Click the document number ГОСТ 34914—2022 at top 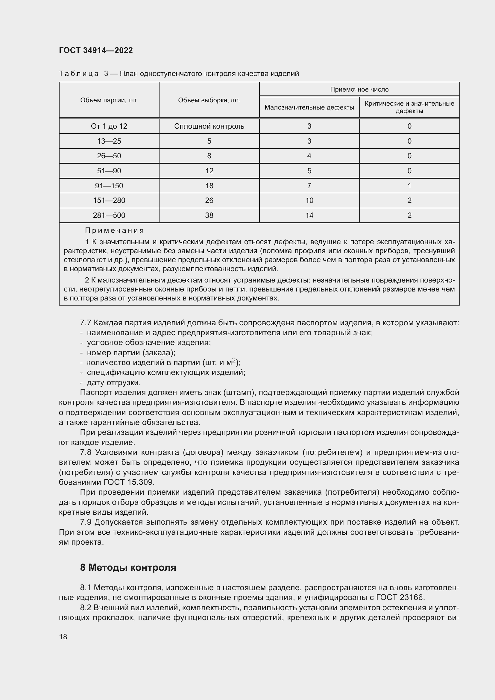tap(96, 50)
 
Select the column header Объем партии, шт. tap(109, 100)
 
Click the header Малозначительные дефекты tap(309, 107)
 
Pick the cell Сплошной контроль tap(209, 126)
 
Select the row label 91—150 tap(109, 186)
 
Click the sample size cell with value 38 tap(209, 215)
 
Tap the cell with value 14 tap(309, 215)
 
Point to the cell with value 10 tap(309, 200)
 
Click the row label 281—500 tap(109, 215)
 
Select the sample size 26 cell tap(209, 200)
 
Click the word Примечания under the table tap(114, 230)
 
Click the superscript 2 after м tap(234, 361)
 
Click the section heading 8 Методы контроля tap(128, 568)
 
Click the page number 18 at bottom tap(63, 637)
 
